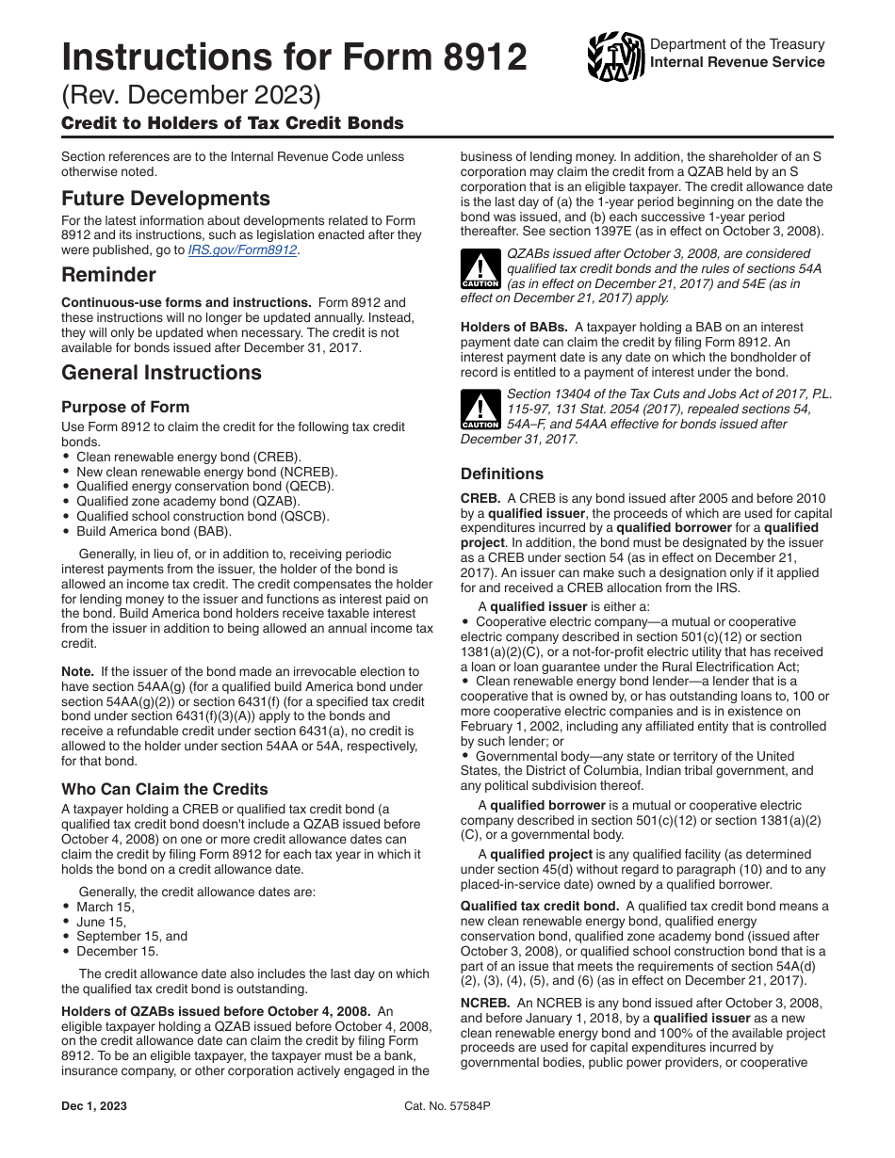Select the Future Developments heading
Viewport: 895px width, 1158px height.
pyautogui.click(x=165, y=199)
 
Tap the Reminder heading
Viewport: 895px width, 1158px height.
pyautogui.click(x=108, y=275)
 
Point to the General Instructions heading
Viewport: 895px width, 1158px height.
pyautogui.click(x=161, y=373)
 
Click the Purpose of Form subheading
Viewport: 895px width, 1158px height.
pyautogui.click(x=125, y=407)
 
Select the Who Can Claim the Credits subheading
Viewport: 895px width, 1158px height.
pyautogui.click(x=165, y=789)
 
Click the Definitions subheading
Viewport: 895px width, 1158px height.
pyautogui.click(x=501, y=474)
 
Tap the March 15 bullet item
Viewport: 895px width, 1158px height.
pyautogui.click(x=106, y=907)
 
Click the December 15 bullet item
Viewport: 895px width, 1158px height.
pyautogui.click(x=117, y=952)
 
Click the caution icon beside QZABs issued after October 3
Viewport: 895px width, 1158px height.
pyautogui.click(x=480, y=269)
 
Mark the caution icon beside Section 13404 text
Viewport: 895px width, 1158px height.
pyautogui.click(x=480, y=410)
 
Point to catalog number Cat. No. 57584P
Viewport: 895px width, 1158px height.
pyautogui.click(x=447, y=1106)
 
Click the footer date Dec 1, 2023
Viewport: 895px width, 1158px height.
pyautogui.click(x=94, y=1106)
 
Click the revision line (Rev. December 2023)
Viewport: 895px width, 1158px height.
pyautogui.click(x=191, y=96)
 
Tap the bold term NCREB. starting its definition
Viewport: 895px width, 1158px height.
pyautogui.click(x=481, y=1003)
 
